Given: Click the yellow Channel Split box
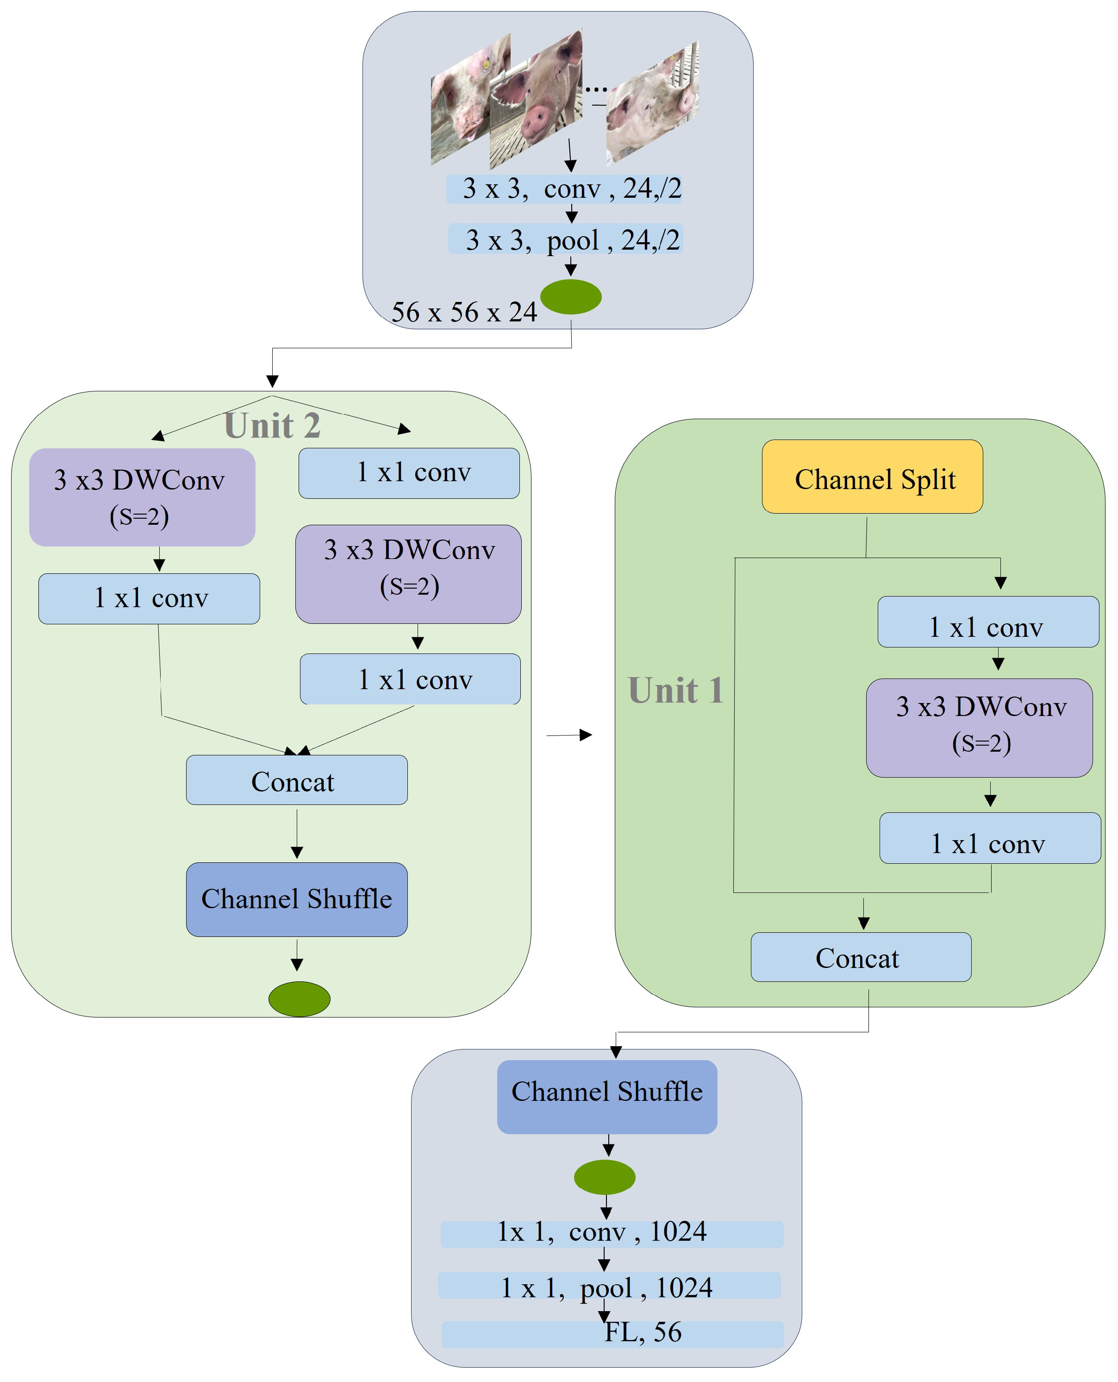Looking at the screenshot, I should (872, 477).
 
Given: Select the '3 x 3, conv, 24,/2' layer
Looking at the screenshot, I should (564, 189).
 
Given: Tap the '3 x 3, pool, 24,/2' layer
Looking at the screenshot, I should (565, 240).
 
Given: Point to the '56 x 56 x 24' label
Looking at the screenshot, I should (464, 313).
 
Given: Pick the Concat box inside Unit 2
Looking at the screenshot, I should (296, 780).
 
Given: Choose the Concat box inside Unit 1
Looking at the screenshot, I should (861, 957).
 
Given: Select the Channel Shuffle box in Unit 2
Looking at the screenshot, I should (296, 899).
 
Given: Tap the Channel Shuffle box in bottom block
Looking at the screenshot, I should (606, 1092).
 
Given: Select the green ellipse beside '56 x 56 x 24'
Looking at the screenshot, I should (571, 297).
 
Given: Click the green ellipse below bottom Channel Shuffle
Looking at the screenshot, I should (605, 1177).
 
